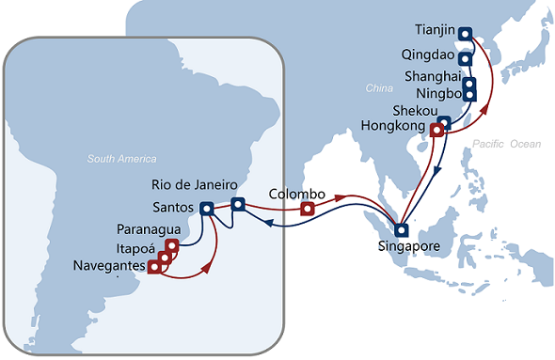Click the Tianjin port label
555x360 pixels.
434,29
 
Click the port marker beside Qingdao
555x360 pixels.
465,58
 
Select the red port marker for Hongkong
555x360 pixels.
436,131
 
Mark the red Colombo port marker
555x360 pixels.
307,209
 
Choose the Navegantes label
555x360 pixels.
109,267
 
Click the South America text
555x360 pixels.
122,159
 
